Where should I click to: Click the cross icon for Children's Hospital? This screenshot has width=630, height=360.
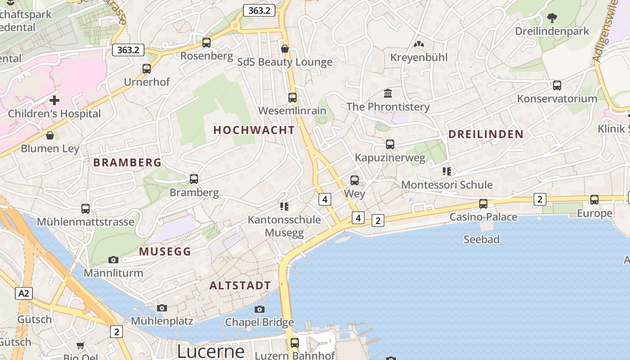tap(54, 100)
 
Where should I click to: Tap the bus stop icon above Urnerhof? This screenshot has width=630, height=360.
tap(147, 69)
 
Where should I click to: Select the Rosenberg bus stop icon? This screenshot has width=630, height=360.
tap(207, 43)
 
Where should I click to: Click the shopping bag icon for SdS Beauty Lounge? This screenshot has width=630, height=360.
tap(284, 48)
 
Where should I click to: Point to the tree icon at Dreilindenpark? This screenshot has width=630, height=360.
tap(552, 18)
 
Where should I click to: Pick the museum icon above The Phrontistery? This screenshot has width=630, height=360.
tap(388, 94)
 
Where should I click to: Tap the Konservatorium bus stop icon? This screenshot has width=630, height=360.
tap(557, 85)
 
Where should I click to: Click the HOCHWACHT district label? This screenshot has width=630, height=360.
tap(254, 130)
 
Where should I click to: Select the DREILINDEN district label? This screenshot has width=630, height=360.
tap(486, 134)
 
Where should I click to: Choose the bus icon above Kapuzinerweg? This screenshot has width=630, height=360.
tap(390, 144)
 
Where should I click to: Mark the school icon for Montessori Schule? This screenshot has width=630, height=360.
tap(447, 171)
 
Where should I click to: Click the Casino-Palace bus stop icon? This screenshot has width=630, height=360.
tap(483, 204)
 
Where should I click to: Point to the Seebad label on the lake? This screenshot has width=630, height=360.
tap(481, 239)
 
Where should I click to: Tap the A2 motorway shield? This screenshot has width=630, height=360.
tap(24, 294)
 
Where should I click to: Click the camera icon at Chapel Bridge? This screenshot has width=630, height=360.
tap(260, 309)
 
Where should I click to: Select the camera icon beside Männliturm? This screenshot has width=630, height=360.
tap(113, 260)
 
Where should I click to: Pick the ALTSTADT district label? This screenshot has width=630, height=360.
tap(240, 285)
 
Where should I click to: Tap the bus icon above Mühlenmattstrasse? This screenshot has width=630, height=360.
tap(85, 209)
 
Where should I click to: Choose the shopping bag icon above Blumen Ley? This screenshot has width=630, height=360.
tap(50, 135)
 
